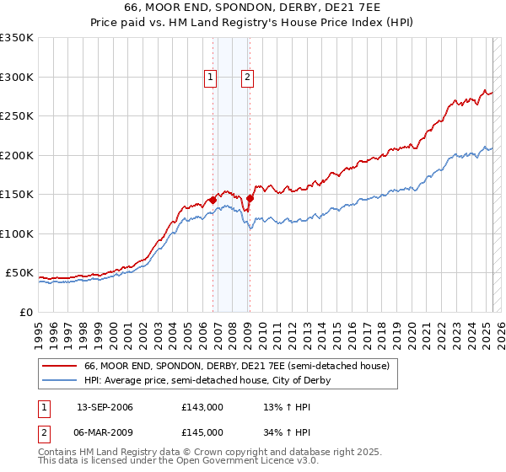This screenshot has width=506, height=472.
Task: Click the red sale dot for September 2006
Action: pyautogui.click(x=213, y=200)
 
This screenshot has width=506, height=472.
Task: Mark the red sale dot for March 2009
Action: pyautogui.click(x=250, y=198)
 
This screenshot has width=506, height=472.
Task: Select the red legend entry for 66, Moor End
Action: pyautogui.click(x=237, y=367)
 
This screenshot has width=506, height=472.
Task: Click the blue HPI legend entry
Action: pyautogui.click(x=207, y=380)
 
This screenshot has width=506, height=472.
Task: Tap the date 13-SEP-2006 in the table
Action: pyautogui.click(x=105, y=407)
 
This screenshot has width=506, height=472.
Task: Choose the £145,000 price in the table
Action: pyautogui.click(x=202, y=432)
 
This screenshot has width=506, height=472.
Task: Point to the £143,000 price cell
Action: pyautogui.click(x=202, y=407)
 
